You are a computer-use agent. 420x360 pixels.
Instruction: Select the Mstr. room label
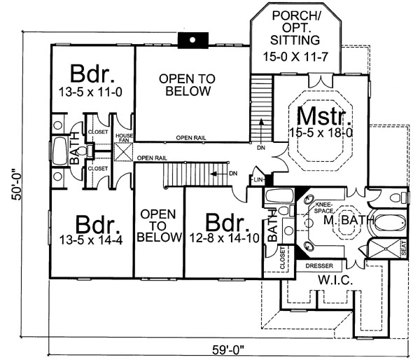pyautogui.click(x=318, y=115)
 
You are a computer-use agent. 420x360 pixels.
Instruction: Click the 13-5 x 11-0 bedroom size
pyautogui.click(x=94, y=91)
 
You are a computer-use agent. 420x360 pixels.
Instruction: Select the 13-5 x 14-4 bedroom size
pyautogui.click(x=91, y=240)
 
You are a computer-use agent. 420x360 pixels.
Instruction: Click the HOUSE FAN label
pyautogui.click(x=124, y=138)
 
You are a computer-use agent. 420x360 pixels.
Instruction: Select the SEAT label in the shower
pyautogui.click(x=402, y=249)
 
